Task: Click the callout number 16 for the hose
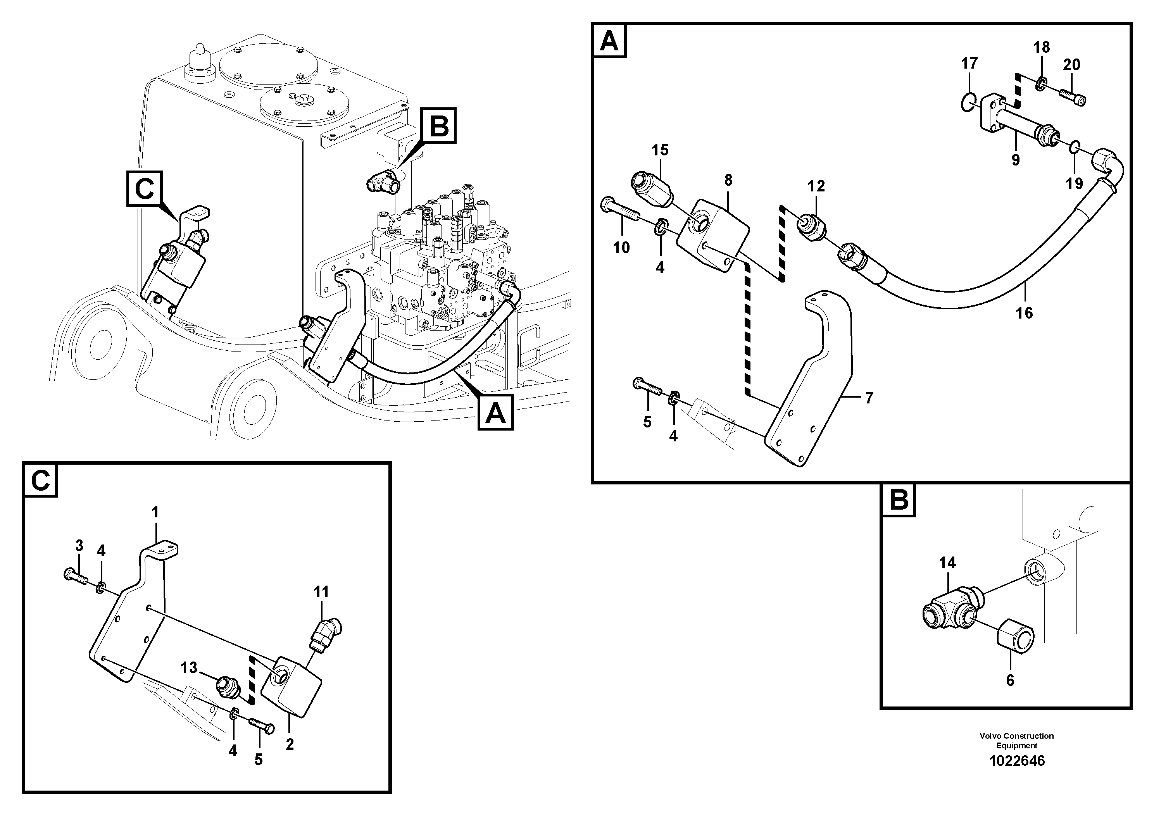coord(1024,313)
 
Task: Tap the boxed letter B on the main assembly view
coord(439,126)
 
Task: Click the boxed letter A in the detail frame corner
coord(609,41)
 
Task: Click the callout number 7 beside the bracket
coord(869,398)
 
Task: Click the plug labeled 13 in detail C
coord(226,686)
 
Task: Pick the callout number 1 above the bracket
coord(155,512)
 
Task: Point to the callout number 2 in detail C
coord(290,744)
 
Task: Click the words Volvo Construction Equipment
coord(1016,741)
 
